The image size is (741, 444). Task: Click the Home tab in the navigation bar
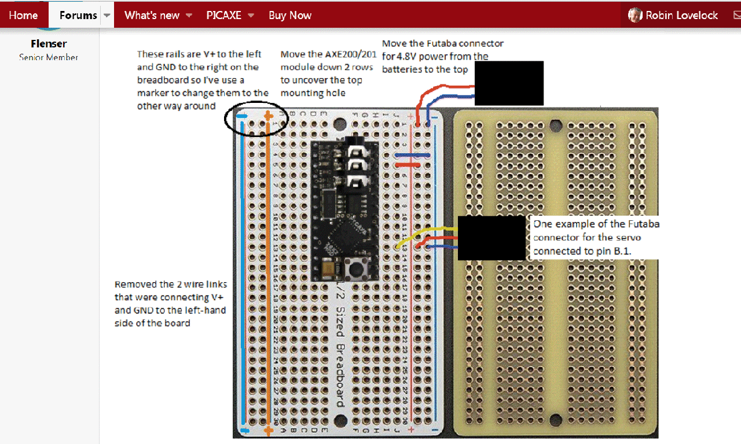point(23,16)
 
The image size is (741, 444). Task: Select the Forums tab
point(78,16)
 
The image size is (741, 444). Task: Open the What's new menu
point(152,16)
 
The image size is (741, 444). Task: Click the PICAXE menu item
point(224,16)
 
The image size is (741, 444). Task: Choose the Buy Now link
point(290,16)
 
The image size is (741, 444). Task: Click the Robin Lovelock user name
point(681,16)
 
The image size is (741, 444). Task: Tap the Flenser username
point(49,44)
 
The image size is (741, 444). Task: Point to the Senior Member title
point(49,57)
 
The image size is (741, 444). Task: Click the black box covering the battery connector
point(509,83)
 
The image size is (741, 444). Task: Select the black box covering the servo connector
point(491,238)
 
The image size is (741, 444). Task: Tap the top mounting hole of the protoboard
point(556,124)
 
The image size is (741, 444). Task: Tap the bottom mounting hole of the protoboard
point(556,420)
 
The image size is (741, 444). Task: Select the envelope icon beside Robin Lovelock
point(736,16)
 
